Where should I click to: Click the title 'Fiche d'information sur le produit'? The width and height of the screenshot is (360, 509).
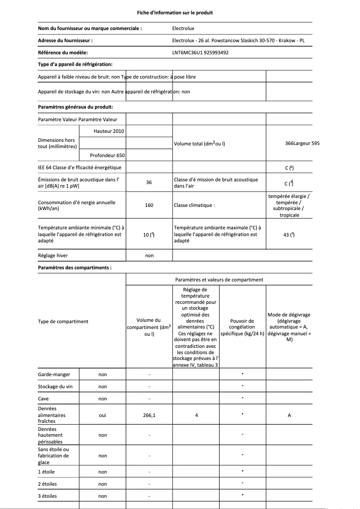pyautogui.click(x=175, y=13)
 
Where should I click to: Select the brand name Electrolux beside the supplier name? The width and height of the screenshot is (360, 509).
pyautogui.click(x=184, y=28)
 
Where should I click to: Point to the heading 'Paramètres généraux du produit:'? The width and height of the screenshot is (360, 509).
pyautogui.click(x=75, y=107)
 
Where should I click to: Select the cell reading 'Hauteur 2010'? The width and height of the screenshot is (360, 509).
pyautogui.click(x=109, y=131)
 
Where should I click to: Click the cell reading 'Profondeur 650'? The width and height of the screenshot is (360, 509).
pyautogui.click(x=107, y=155)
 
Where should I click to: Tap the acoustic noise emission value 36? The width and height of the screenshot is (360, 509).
pyautogui.click(x=149, y=183)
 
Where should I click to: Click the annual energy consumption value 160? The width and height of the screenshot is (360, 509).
pyautogui.click(x=149, y=205)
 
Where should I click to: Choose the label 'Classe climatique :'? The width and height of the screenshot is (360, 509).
pyautogui.click(x=194, y=205)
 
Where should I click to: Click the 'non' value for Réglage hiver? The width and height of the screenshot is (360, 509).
pyautogui.click(x=149, y=255)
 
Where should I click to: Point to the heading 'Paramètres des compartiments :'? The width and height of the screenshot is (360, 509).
pyautogui.click(x=75, y=268)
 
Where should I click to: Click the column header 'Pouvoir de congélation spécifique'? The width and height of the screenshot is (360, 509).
pyautogui.click(x=242, y=327)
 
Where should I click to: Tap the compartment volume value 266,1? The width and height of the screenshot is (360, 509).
pyautogui.click(x=149, y=415)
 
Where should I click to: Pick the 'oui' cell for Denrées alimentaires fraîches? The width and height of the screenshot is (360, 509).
pyautogui.click(x=103, y=415)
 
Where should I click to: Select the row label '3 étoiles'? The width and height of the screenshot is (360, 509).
pyautogui.click(x=48, y=496)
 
